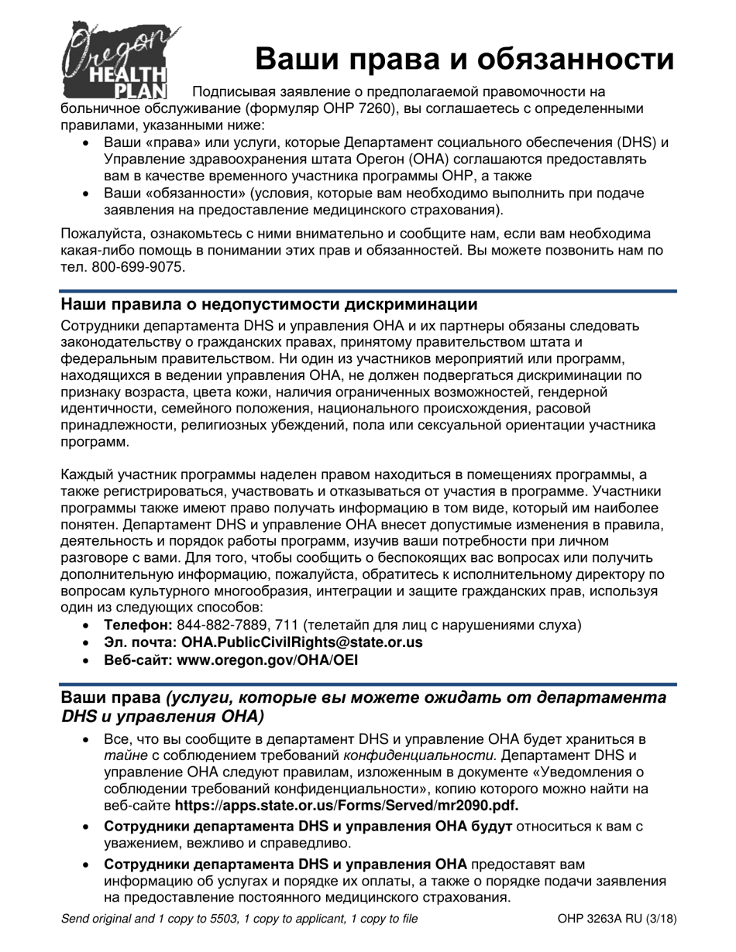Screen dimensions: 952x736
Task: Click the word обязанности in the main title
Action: coord(570,59)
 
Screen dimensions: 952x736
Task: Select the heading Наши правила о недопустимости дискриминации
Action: coord(269,303)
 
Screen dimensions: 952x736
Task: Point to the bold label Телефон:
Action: coord(138,624)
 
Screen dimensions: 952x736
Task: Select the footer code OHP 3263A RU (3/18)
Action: coord(617,919)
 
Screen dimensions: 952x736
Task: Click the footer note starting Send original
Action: coord(239,919)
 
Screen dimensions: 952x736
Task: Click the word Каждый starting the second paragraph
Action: coord(87,474)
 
